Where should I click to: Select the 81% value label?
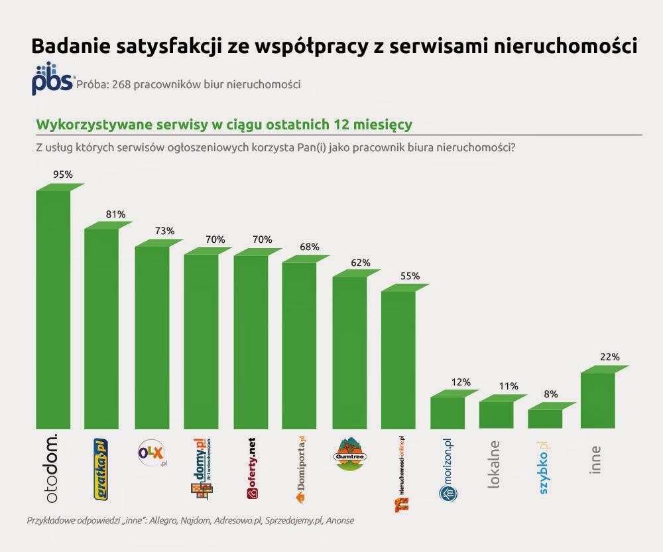115,214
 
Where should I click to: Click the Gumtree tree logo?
349,454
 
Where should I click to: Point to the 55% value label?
410,276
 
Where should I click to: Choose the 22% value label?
610,357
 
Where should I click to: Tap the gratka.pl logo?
100,468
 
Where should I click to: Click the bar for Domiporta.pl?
299,345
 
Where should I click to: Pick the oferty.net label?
251,468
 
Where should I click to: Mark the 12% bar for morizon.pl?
448,413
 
